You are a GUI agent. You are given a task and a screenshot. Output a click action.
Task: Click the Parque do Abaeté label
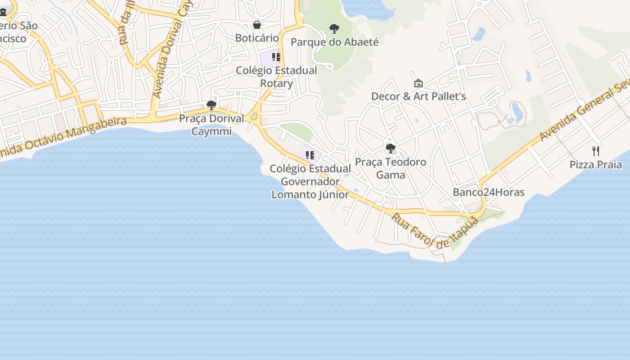(334, 42)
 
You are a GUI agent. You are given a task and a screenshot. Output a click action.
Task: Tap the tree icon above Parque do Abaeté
(334, 29)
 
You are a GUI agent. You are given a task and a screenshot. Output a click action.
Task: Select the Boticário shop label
(257, 38)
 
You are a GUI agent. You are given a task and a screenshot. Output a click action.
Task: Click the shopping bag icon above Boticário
(256, 25)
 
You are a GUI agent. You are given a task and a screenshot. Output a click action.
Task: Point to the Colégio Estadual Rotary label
(276, 77)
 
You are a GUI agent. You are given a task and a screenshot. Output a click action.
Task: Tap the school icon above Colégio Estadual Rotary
(276, 57)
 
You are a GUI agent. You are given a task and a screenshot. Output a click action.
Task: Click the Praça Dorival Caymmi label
(211, 125)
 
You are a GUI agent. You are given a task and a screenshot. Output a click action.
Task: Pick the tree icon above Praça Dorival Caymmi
(211, 106)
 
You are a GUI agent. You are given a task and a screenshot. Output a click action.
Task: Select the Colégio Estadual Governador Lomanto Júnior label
(310, 181)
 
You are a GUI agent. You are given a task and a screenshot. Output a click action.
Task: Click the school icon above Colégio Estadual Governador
(310, 155)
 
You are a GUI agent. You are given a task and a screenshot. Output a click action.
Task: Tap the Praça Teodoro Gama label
(391, 168)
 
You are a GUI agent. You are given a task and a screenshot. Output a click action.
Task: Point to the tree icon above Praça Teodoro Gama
(391, 148)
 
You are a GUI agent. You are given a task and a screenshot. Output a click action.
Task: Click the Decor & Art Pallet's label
(418, 96)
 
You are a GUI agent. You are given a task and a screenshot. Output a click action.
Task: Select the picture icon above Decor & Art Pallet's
(418, 83)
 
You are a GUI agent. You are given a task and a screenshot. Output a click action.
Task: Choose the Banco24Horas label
(488, 192)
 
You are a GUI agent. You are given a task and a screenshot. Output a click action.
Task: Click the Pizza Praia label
(596, 164)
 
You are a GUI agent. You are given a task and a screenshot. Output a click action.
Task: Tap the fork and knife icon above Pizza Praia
(596, 151)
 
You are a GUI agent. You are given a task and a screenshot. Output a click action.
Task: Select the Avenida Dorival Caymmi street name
(170, 49)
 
